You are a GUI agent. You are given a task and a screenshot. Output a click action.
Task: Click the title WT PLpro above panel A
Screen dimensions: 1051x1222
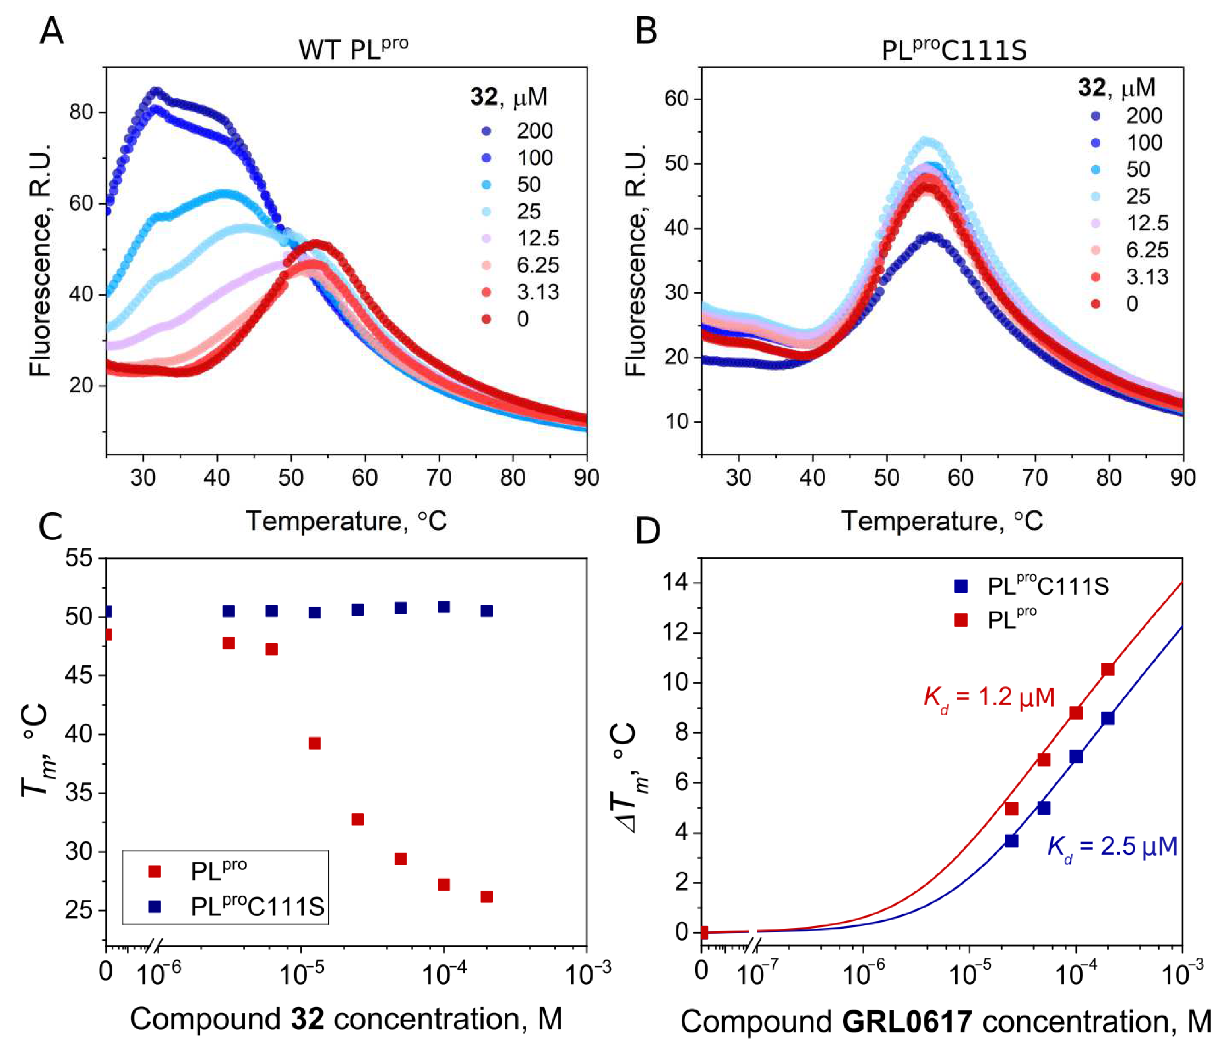point(352,49)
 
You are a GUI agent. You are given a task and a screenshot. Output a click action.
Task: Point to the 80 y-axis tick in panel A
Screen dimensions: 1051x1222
point(81,112)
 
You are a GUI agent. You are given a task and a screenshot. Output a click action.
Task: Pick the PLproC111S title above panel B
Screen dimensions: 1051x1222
point(954,50)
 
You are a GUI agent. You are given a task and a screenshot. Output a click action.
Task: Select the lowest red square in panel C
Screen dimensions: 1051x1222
point(486,896)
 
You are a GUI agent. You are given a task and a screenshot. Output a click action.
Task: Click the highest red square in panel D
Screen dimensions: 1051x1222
point(1108,669)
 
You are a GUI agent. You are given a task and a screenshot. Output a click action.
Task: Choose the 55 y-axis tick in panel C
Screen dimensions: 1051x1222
point(79,558)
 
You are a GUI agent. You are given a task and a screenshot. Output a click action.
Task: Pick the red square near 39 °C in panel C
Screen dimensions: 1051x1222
point(314,743)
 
